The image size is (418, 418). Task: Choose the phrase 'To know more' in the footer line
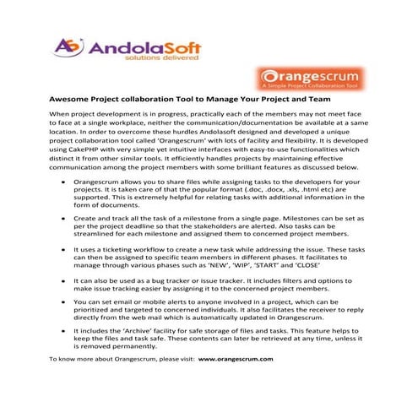click(x=69, y=359)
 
